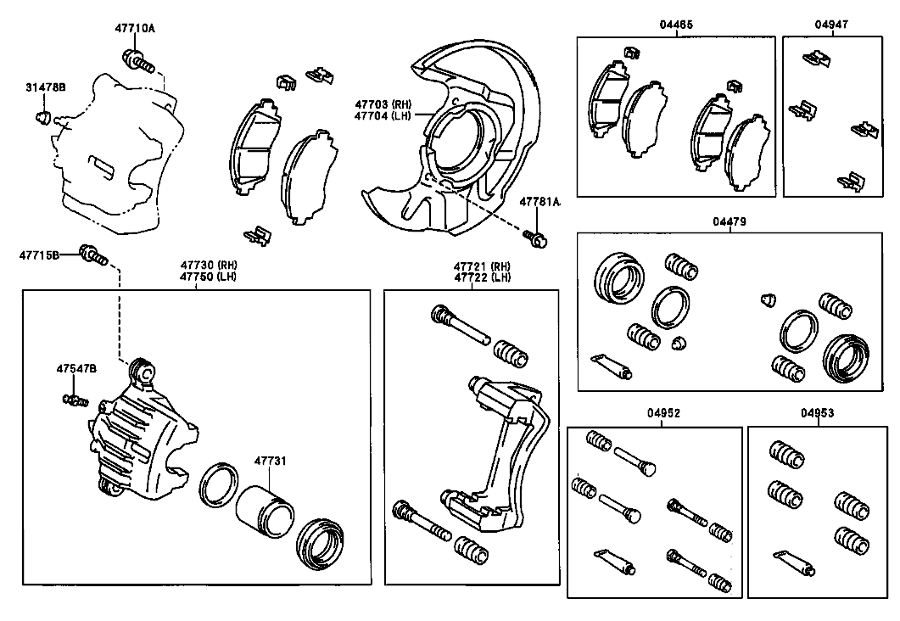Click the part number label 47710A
click(135, 27)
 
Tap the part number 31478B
click(45, 87)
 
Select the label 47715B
click(39, 255)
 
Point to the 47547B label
click(76, 368)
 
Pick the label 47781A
click(540, 201)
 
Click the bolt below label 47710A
click(138, 60)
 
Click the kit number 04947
click(831, 25)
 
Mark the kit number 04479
click(730, 221)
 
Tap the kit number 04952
click(663, 412)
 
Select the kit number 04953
click(818, 412)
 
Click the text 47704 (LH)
click(383, 116)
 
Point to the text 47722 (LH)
click(482, 277)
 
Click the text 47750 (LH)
click(209, 277)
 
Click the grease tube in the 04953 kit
click(794, 562)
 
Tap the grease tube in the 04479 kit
click(612, 366)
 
